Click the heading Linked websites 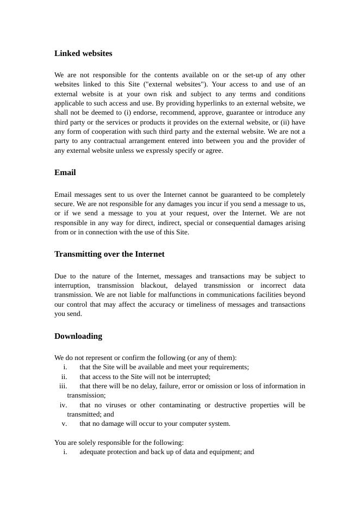pyautogui.click(x=83, y=53)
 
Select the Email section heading pyautogui.click(x=65, y=172)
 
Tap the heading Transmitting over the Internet pyautogui.click(x=109, y=254)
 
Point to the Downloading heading pyautogui.click(x=78, y=336)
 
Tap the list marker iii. pyautogui.click(x=63, y=386)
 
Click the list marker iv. pyautogui.click(x=64, y=405)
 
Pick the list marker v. pyautogui.click(x=65, y=424)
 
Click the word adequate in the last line pyautogui.click(x=94, y=452)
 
